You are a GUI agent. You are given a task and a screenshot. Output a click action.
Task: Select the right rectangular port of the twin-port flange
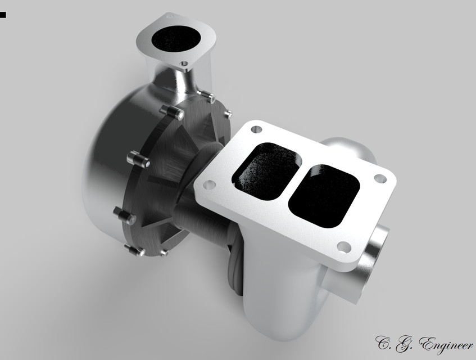pos(325,195)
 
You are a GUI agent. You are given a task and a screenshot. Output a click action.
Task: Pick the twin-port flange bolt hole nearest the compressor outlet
pos(257,129)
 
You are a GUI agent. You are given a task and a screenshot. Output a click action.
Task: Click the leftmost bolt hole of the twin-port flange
pos(209,184)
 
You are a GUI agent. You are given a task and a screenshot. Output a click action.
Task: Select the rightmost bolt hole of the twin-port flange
pos(380,179)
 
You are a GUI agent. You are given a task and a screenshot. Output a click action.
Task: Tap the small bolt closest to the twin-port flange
pos(227,114)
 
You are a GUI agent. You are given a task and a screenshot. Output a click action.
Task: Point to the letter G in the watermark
pos(402,341)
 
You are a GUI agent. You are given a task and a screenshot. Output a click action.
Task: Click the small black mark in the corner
pos(3,15)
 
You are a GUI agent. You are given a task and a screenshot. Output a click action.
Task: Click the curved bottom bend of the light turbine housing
pos(281,321)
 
